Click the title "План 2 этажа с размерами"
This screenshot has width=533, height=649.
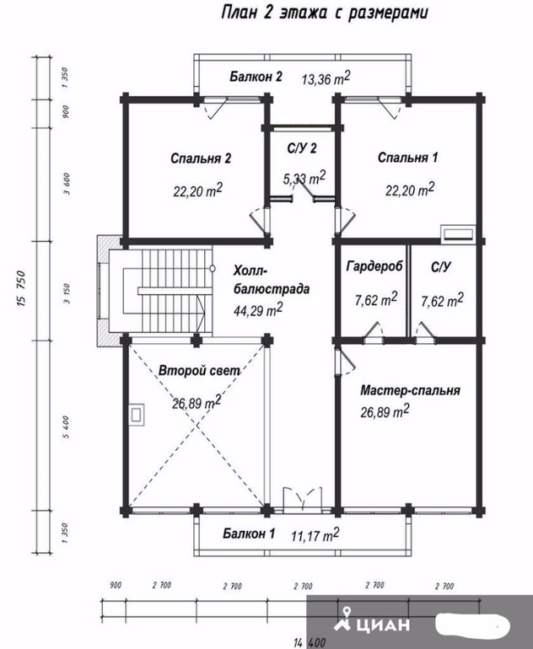325,13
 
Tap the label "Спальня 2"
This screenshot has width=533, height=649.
201,158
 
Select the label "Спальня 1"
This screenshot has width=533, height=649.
407,158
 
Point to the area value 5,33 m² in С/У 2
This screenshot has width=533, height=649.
304,178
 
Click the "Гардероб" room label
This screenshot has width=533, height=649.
374,266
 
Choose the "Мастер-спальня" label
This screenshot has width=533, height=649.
410,390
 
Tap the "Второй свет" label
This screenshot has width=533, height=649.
199,370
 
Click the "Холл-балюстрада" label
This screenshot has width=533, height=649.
272,280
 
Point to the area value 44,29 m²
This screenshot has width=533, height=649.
258,310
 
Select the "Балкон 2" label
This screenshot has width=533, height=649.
256,77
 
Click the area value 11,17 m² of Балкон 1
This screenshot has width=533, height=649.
315,535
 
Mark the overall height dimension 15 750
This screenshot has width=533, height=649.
22,288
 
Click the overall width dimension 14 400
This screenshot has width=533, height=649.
310,643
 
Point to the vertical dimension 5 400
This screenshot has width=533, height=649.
67,427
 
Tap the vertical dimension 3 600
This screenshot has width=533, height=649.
67,184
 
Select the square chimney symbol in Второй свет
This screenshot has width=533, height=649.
136,415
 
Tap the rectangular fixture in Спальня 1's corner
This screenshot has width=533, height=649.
458,233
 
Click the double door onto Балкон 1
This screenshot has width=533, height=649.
302,500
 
